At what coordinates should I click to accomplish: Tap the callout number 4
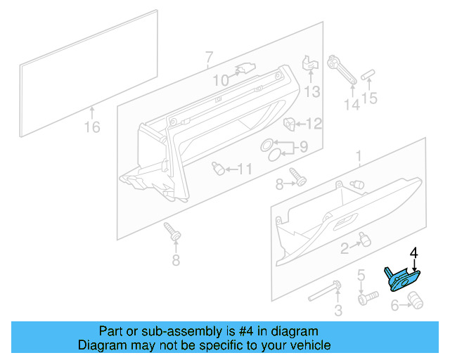[414, 252]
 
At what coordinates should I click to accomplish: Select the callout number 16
[92, 127]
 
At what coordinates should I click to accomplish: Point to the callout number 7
[208, 56]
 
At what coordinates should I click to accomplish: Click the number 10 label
[221, 81]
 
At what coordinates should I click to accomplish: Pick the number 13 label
[311, 91]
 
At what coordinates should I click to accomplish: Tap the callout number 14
[351, 105]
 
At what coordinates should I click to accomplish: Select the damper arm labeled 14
[342, 72]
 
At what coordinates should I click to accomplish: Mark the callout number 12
[313, 124]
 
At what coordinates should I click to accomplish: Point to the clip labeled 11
[218, 168]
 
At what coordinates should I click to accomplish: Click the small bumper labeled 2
[364, 240]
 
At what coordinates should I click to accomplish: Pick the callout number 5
[361, 274]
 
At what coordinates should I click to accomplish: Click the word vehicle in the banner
[308, 345]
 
